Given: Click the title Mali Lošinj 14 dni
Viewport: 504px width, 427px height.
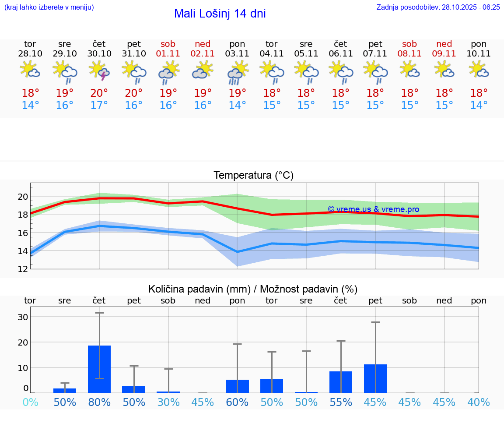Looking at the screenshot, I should (x=220, y=14).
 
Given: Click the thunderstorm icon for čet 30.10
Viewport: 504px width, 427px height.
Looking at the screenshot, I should (x=99, y=71).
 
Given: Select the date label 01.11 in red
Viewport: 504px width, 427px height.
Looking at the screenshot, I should (x=168, y=53).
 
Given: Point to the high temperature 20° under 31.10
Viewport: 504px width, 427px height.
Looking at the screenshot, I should (x=133, y=93).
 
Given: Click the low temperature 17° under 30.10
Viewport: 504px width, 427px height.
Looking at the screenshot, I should (x=99, y=106).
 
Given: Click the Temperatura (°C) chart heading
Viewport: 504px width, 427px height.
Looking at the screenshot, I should (x=253, y=175).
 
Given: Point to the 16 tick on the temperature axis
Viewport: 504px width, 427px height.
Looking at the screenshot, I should (x=23, y=233).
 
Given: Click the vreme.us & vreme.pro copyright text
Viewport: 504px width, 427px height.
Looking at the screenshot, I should (x=373, y=209).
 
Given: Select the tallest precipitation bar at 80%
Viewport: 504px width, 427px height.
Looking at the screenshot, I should (x=99, y=369).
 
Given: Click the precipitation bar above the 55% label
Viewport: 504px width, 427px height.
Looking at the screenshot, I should (x=341, y=382).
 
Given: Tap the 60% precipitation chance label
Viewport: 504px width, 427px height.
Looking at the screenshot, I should (x=237, y=402).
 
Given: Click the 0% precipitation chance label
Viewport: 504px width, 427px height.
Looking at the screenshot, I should (x=30, y=402).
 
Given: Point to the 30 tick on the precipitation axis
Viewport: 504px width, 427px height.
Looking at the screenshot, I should (x=23, y=317).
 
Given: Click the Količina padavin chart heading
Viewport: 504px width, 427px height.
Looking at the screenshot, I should (x=253, y=289).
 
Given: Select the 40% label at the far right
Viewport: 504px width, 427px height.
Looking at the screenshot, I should (x=479, y=402).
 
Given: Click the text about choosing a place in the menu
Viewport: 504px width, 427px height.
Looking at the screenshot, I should (x=49, y=7).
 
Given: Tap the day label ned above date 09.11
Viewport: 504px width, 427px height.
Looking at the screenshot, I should (x=444, y=44).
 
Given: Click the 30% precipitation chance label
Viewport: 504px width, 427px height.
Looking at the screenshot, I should (x=168, y=402).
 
